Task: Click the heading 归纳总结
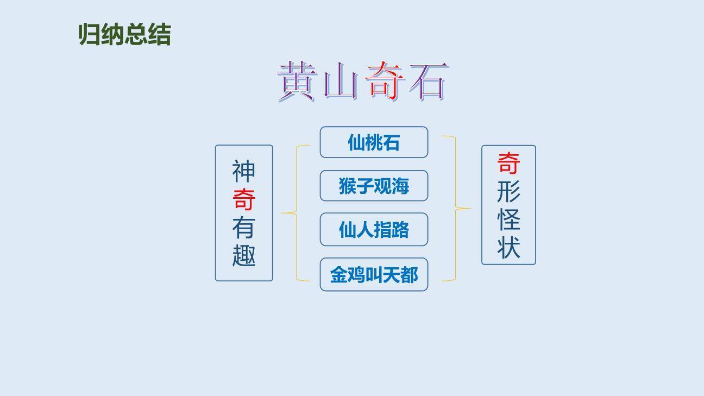tap(124, 35)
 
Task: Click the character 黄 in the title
tap(297, 82)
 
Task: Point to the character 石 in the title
tap(428, 82)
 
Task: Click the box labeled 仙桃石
tap(374, 142)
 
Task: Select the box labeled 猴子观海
tap(374, 186)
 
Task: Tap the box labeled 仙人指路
tap(374, 230)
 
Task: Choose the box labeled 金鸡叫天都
tap(374, 275)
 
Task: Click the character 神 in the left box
tap(244, 171)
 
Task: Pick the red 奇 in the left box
tap(244, 199)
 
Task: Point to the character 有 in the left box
tap(244, 228)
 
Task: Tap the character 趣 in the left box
tap(244, 255)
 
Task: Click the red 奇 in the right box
tap(508, 163)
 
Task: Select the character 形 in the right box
tap(508, 191)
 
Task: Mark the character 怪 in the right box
tap(508, 219)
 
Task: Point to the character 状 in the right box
tap(508, 247)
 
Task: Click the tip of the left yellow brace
tap(282, 213)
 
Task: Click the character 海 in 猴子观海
tap(400, 186)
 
